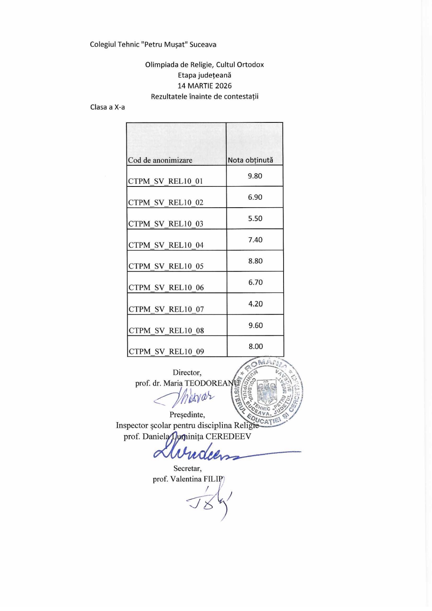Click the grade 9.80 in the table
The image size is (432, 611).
[x=255, y=176]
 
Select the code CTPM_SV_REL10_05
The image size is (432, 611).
[x=166, y=266]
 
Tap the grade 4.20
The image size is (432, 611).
[x=256, y=304]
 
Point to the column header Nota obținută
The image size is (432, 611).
[x=250, y=160]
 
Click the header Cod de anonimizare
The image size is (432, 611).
[x=160, y=160]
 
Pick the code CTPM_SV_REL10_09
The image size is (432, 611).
[x=166, y=351]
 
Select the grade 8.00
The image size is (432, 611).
[x=256, y=347]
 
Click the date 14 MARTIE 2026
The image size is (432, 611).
[x=204, y=86]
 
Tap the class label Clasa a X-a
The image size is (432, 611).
[x=107, y=107]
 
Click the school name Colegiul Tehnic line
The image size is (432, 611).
[x=153, y=44]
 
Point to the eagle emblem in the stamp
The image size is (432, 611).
[x=267, y=392]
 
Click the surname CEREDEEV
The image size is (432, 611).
[x=228, y=436]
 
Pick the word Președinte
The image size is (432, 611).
[x=187, y=415]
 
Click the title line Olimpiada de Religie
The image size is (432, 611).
[x=204, y=64]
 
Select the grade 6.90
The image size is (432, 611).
[x=255, y=197]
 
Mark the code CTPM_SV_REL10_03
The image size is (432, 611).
[x=166, y=224]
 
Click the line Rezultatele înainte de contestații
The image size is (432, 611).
[x=204, y=96]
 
